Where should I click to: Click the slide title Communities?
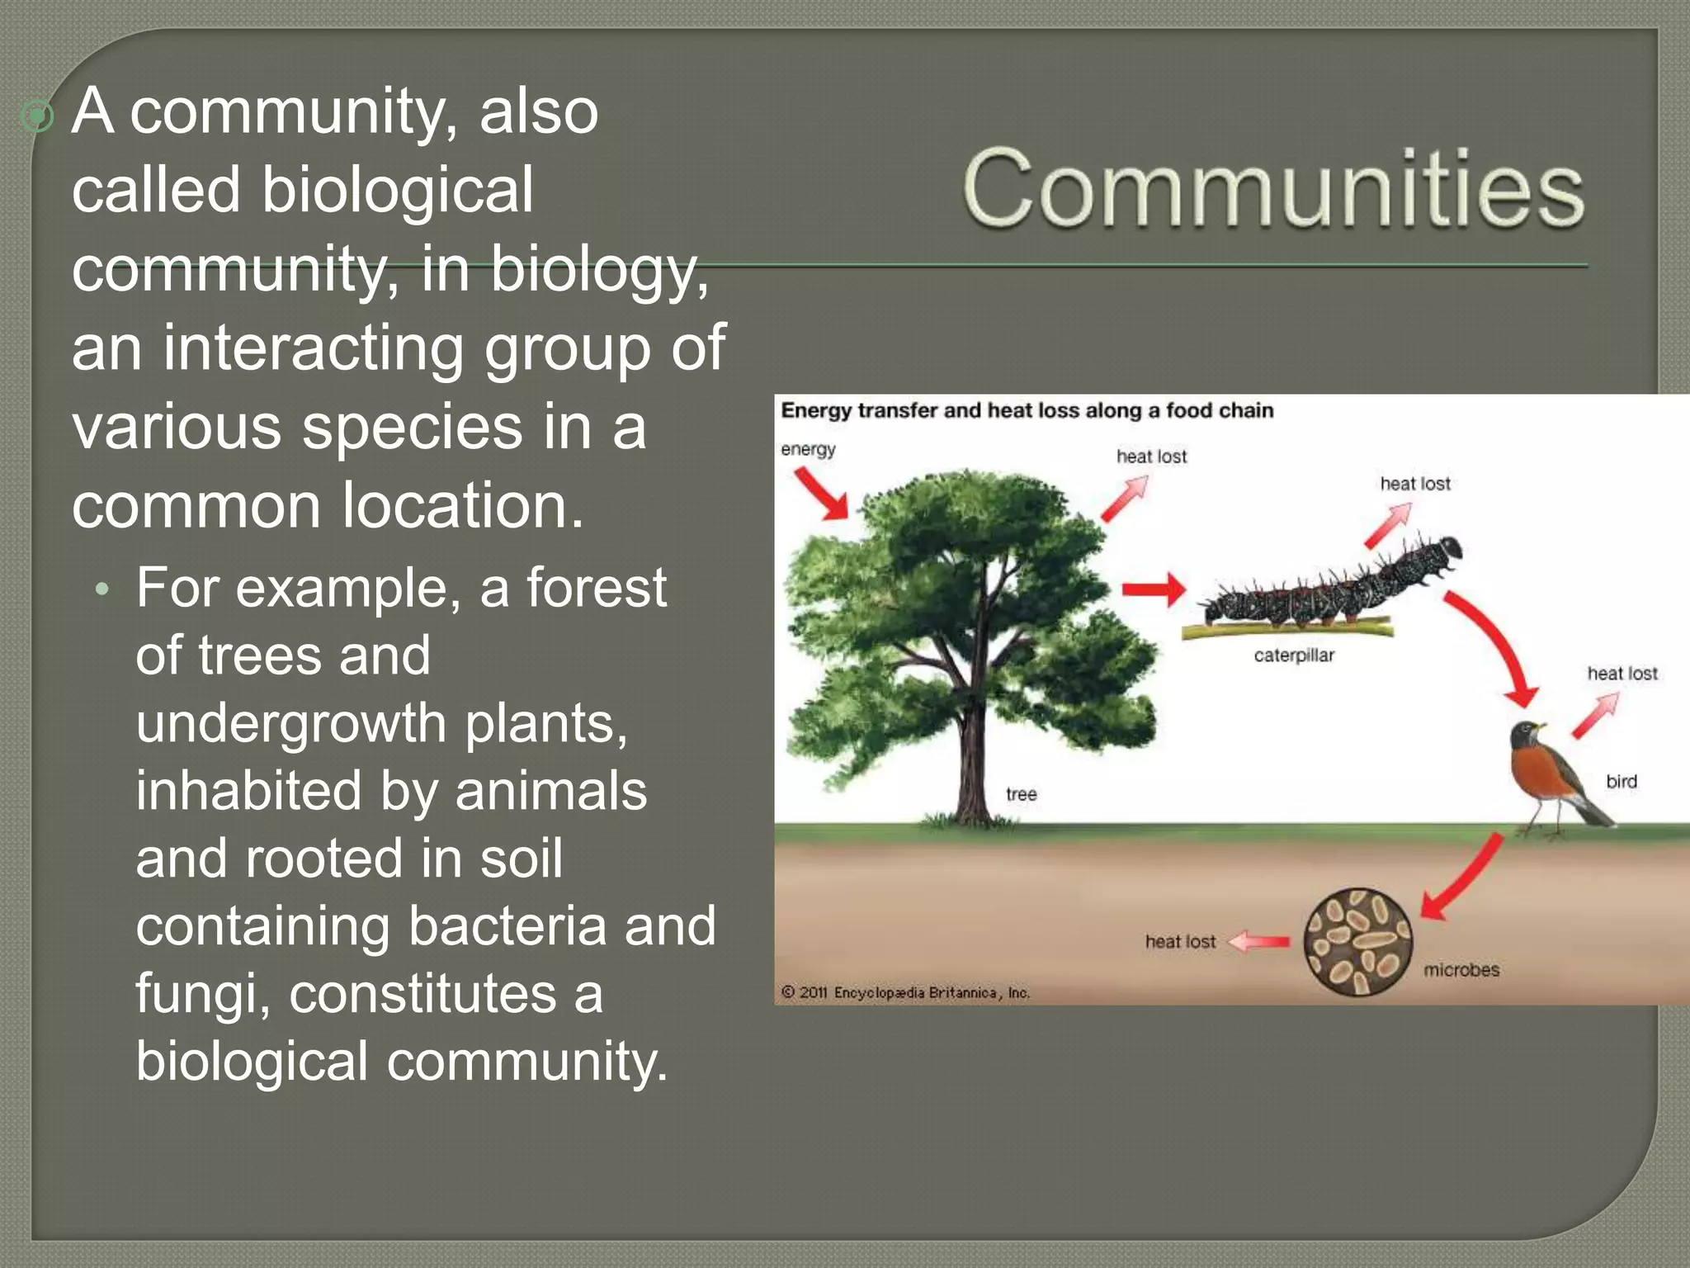1272,188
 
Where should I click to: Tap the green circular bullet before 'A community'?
37,116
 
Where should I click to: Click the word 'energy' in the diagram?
807,449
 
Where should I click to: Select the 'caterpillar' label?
1293,655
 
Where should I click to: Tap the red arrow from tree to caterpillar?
1153,589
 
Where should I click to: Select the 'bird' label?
1621,781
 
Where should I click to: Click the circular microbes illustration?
1357,941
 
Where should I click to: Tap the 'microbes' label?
1461,970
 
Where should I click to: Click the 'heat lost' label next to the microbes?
1180,941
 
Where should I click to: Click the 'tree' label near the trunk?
1021,794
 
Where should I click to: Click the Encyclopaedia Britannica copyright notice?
905,992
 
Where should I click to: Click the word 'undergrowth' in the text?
291,723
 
